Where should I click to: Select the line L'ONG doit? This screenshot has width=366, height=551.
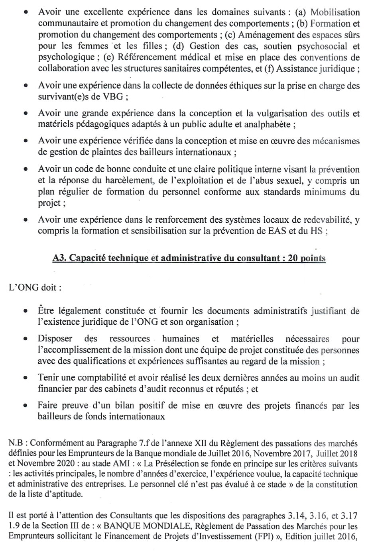click(35, 287)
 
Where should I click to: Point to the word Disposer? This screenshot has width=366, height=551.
click(55, 339)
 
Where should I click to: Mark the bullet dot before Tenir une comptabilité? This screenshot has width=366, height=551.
click(26, 378)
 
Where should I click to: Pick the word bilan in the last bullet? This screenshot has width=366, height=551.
click(123, 406)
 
